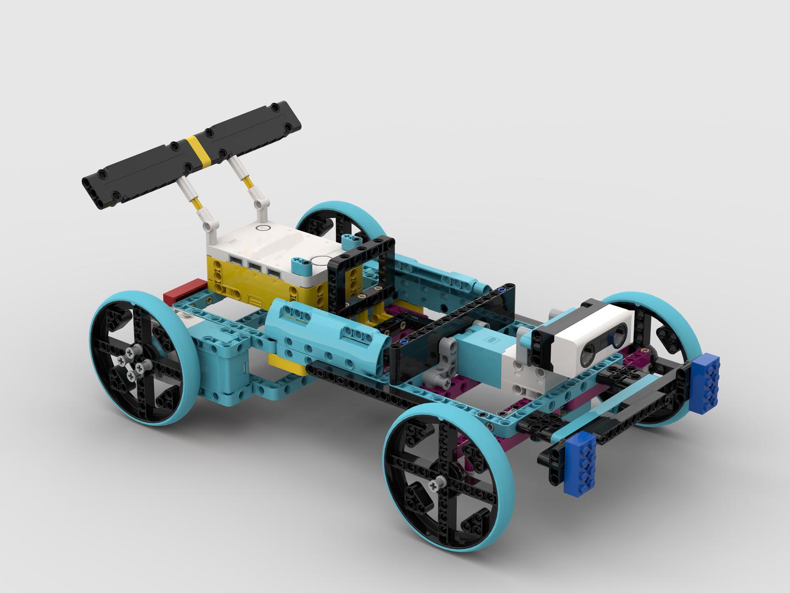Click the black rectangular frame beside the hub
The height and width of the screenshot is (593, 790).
[x=363, y=278]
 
